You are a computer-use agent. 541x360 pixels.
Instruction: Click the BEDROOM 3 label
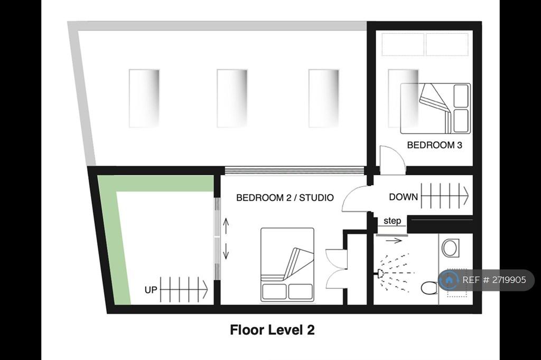(x=434, y=145)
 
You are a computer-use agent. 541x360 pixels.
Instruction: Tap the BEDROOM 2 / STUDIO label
(x=285, y=197)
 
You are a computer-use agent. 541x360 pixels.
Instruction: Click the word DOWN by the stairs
(x=403, y=197)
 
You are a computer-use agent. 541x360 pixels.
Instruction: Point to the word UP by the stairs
(x=151, y=290)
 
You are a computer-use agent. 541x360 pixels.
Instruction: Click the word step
(x=393, y=221)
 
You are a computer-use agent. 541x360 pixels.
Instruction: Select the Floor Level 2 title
(x=272, y=330)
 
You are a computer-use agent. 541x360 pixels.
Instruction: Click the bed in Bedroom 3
(x=435, y=108)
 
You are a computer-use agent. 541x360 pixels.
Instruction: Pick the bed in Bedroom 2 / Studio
(x=287, y=265)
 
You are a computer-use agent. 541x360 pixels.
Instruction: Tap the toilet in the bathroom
(x=430, y=288)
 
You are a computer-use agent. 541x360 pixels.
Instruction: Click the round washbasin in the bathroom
(x=450, y=248)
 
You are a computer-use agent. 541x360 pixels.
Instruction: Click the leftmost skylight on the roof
(x=144, y=99)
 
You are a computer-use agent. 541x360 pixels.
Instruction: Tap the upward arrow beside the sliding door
(x=226, y=226)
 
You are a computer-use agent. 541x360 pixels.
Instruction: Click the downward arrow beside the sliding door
(x=226, y=251)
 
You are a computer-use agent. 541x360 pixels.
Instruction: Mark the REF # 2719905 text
(x=494, y=280)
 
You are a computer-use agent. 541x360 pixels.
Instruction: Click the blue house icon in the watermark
(x=449, y=280)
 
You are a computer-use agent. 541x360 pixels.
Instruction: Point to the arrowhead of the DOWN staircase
(x=467, y=196)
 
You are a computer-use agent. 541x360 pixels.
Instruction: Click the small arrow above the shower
(x=394, y=241)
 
